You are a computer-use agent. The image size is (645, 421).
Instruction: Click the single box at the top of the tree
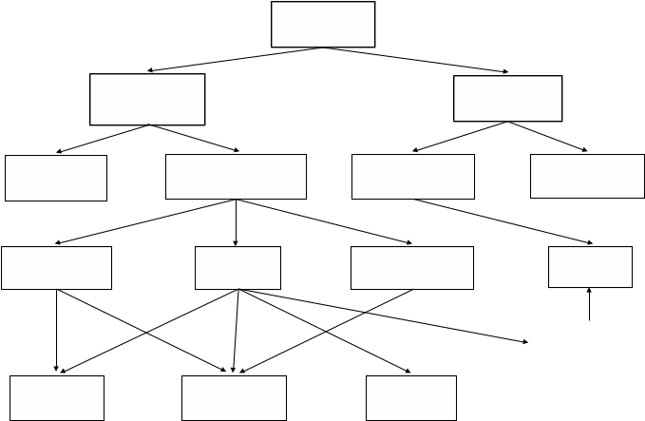pos(323,24)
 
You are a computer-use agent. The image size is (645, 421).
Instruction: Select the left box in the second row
pos(147,100)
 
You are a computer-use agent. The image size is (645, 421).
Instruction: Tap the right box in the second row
pos(507,99)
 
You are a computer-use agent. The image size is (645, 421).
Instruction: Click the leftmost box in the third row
pos(55,178)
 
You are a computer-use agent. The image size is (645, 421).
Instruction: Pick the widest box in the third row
pos(236,177)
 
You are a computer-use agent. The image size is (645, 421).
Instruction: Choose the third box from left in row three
pos(413,177)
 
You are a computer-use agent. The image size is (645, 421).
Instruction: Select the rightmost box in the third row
pos(587,176)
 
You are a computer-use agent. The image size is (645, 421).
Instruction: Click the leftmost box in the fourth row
pos(57,268)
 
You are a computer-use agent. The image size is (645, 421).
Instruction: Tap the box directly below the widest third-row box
pos(237,268)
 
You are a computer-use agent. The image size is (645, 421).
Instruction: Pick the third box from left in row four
pos(412,268)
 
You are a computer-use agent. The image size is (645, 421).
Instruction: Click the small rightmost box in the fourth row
pos(590,267)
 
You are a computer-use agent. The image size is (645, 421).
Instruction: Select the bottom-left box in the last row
pos(57,398)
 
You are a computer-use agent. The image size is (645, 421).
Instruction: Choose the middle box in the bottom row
pos(234,398)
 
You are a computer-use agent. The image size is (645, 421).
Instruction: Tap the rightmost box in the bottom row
pos(411,398)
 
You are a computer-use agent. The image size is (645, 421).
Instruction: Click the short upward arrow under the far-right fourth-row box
pos(590,305)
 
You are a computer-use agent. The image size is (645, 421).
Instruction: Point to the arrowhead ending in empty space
pos(527,340)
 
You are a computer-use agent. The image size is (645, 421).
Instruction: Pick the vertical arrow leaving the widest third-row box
pos(237,222)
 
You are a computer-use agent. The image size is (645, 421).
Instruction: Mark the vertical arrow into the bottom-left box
pos(57,332)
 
